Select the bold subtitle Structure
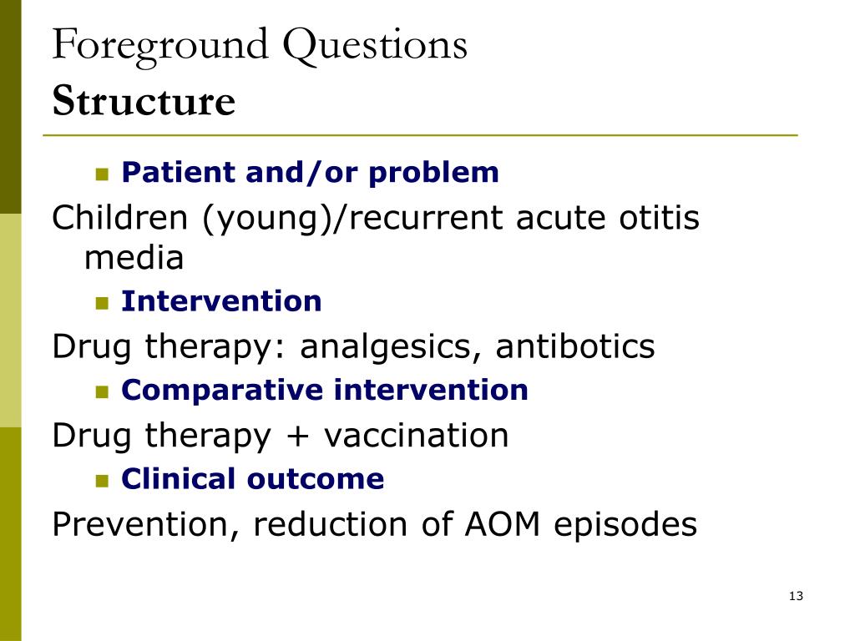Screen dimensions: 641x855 pos(144,102)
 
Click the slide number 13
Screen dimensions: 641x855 pos(795,596)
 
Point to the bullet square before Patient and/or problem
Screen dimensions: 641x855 pos(103,174)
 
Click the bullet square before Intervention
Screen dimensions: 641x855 pos(103,302)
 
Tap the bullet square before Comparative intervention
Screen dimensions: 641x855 pos(103,391)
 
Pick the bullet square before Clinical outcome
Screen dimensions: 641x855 pos(103,481)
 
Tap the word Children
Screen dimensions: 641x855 pos(120,219)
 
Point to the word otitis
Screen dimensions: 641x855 pos(658,219)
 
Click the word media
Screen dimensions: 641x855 pos(134,259)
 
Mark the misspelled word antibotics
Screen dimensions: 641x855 pos(575,346)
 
